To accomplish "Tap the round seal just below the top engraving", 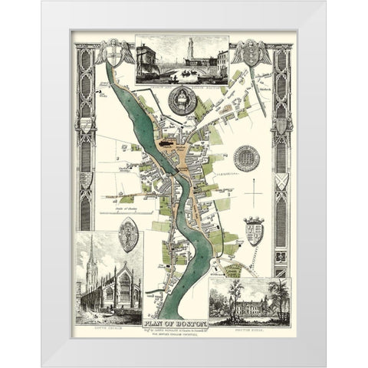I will tap(182, 100).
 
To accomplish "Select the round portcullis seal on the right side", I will tap(246, 159).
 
